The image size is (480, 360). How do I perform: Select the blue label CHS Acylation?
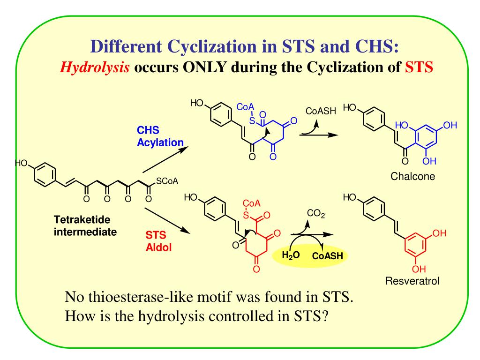(160, 137)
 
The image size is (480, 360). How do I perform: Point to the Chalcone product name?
(413, 176)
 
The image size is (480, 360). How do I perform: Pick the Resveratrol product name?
(413, 281)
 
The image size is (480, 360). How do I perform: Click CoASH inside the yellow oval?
(327, 256)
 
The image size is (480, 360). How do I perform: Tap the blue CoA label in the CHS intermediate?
(246, 108)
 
